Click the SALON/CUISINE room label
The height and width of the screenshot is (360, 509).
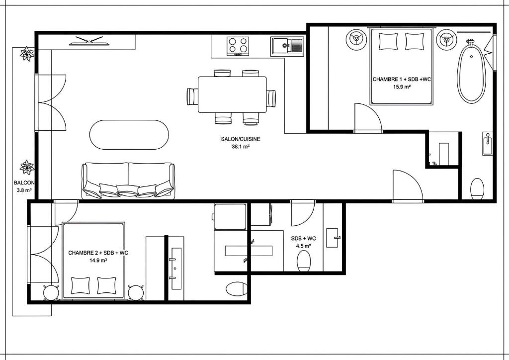(241, 139)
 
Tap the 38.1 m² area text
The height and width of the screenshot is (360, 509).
(241, 146)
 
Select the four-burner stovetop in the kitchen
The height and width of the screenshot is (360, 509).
(238, 46)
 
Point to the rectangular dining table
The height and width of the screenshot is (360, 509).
(232, 94)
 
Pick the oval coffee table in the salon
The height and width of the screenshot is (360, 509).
(129, 135)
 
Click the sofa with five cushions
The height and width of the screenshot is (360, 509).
(128, 180)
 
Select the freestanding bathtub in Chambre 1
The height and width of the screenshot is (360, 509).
(471, 72)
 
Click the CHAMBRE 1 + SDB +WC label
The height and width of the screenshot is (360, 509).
(402, 79)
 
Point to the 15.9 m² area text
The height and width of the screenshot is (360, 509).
(402, 87)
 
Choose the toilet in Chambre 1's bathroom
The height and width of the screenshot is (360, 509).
(477, 189)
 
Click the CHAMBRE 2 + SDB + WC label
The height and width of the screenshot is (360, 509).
(98, 253)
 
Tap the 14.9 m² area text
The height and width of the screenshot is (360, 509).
(98, 260)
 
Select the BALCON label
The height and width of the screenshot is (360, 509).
(24, 183)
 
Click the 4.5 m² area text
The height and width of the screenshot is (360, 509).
(304, 246)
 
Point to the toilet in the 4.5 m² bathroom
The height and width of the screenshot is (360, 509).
(304, 261)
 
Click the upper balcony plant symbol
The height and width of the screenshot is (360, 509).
(27, 54)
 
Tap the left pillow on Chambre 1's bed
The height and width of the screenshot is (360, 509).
(388, 42)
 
